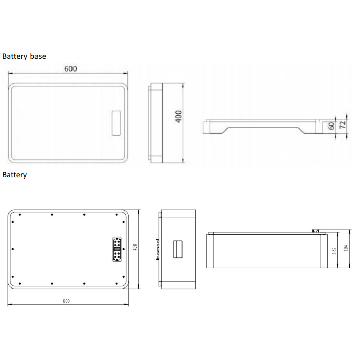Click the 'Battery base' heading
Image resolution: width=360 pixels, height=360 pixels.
(x=24, y=56)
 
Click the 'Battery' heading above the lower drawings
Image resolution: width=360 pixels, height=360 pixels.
(x=15, y=175)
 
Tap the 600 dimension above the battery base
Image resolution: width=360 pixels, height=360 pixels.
(x=70, y=69)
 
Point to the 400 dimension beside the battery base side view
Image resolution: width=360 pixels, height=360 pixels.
(x=178, y=117)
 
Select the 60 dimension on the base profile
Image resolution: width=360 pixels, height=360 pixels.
(x=331, y=126)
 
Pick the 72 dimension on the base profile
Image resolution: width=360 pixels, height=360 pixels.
(x=342, y=125)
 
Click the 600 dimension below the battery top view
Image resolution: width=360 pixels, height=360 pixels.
(x=66, y=301)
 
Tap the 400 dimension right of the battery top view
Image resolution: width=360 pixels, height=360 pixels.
(x=135, y=247)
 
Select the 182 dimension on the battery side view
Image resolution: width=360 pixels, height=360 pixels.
(x=334, y=250)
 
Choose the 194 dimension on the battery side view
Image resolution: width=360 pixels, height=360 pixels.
(x=346, y=248)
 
